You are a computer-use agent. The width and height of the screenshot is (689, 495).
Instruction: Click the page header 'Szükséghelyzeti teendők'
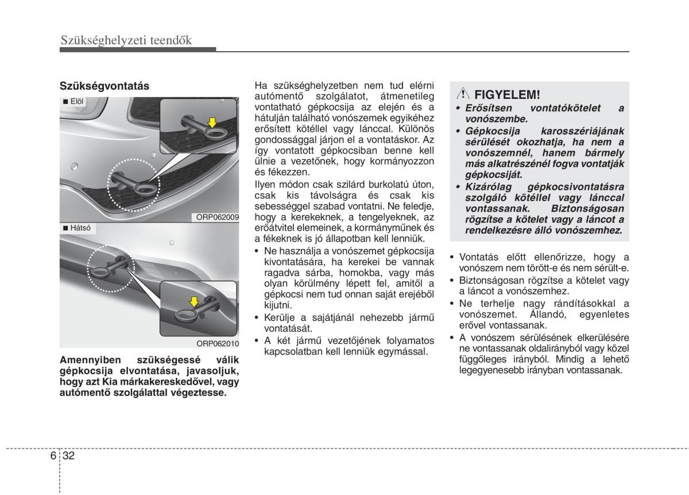[126, 40]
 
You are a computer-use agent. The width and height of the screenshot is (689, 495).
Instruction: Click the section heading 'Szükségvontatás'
[104, 86]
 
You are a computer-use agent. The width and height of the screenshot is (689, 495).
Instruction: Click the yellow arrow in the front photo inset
[213, 122]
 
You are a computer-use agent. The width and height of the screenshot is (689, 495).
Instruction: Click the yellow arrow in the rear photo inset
[194, 301]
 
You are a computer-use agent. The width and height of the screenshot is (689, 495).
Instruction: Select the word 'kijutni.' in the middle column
[278, 305]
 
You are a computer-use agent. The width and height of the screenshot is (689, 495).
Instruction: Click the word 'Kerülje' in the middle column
[280, 317]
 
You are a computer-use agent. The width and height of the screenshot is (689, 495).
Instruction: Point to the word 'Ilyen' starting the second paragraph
[266, 183]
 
